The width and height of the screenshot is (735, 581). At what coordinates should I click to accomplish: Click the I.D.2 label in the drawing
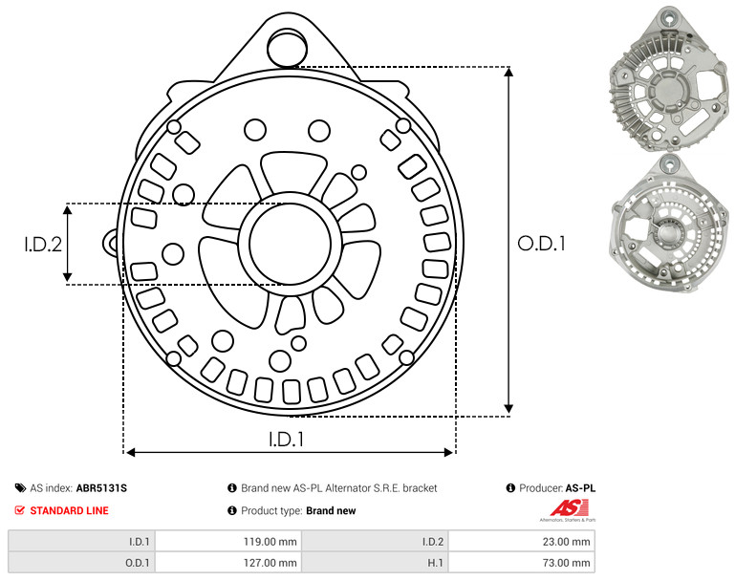click(43, 245)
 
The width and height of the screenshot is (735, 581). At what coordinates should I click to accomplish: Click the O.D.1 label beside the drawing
click(541, 244)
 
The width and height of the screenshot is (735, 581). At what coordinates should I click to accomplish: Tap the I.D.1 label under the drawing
click(286, 440)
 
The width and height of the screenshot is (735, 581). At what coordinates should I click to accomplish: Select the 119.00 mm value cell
click(228, 542)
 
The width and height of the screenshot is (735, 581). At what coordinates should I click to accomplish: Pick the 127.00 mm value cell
click(228, 562)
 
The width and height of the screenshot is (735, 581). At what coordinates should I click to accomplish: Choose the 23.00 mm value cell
click(522, 542)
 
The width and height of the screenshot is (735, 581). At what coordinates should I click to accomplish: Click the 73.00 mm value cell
click(522, 562)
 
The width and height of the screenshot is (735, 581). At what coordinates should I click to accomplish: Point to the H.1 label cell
click(375, 562)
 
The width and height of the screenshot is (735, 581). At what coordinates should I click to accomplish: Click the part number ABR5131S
click(101, 488)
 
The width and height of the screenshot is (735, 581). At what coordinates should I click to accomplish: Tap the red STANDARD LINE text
click(70, 510)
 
